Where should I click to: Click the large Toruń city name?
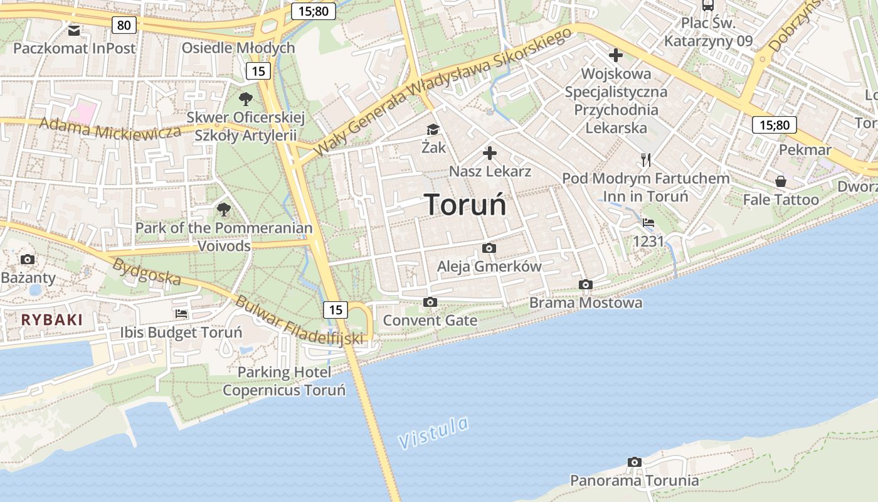point(465,205)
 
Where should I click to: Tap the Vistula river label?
point(434,432)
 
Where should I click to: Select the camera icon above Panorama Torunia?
point(635,462)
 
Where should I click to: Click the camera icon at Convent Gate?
point(430,302)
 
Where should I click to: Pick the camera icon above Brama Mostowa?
point(586,285)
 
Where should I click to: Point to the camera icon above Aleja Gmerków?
point(489,248)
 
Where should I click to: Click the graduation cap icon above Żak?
point(433,130)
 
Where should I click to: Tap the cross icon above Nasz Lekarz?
point(490,152)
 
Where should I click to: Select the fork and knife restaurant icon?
point(646,160)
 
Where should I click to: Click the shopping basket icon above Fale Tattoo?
point(781,181)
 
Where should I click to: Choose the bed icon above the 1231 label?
point(648,223)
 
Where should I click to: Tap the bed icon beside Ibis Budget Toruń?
point(181,314)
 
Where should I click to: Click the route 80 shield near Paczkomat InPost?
point(124,25)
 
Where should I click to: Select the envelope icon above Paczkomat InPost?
point(74,29)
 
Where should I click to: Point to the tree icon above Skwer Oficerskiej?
point(245,99)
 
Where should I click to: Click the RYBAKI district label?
point(52,319)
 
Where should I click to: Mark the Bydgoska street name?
point(147,271)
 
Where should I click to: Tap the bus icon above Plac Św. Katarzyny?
point(707,6)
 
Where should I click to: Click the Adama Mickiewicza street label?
point(110,129)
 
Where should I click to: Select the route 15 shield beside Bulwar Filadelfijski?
point(336,309)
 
